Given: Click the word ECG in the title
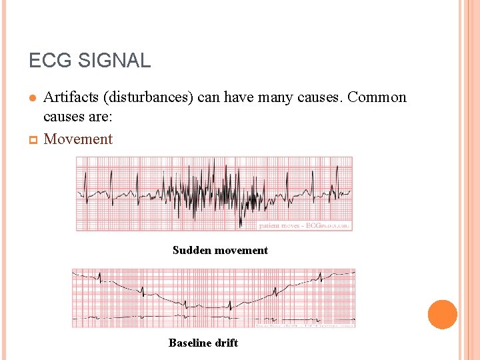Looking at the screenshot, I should click(x=51, y=61).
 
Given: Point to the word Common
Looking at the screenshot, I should click(x=377, y=97).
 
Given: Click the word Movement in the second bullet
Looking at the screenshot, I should click(x=78, y=139).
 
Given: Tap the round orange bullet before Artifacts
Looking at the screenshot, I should click(x=33, y=98).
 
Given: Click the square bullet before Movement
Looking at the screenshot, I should click(x=33, y=139).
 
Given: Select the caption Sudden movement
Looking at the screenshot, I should click(x=220, y=250).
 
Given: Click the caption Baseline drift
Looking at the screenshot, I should click(x=203, y=343).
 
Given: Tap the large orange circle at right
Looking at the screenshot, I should click(x=443, y=315).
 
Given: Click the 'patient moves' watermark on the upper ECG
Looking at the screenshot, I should click(x=304, y=225).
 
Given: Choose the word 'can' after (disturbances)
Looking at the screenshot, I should click(x=211, y=97).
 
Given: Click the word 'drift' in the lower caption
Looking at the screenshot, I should click(x=226, y=343).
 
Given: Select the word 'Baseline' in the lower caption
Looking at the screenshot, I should click(x=190, y=343).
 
